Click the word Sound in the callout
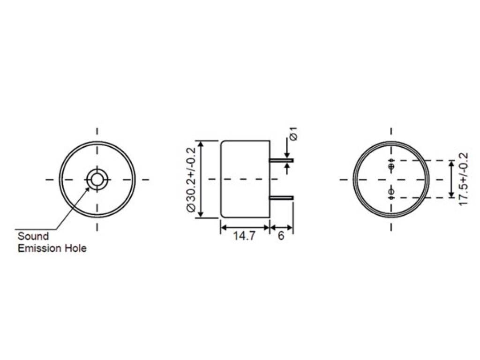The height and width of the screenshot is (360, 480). [x=33, y=236]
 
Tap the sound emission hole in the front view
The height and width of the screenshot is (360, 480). [x=97, y=179]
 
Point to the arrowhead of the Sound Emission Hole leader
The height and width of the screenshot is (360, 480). [x=88, y=189]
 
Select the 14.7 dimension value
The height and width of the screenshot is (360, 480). [x=244, y=236]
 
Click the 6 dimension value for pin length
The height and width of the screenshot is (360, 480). [x=281, y=236]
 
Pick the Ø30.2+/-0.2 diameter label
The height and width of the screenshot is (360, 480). [x=191, y=179]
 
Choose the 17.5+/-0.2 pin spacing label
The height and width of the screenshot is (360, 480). [x=463, y=179]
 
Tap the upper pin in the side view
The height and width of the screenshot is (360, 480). [x=281, y=161]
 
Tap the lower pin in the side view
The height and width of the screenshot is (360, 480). [x=281, y=198]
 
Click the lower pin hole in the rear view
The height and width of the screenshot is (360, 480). [x=392, y=192]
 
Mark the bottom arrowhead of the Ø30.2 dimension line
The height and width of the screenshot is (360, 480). [x=201, y=215]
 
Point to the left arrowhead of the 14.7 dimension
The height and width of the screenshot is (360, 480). [x=223, y=228]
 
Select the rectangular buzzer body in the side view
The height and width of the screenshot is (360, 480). [x=245, y=179]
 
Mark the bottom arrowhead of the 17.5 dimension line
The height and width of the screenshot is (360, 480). [x=451, y=195]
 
